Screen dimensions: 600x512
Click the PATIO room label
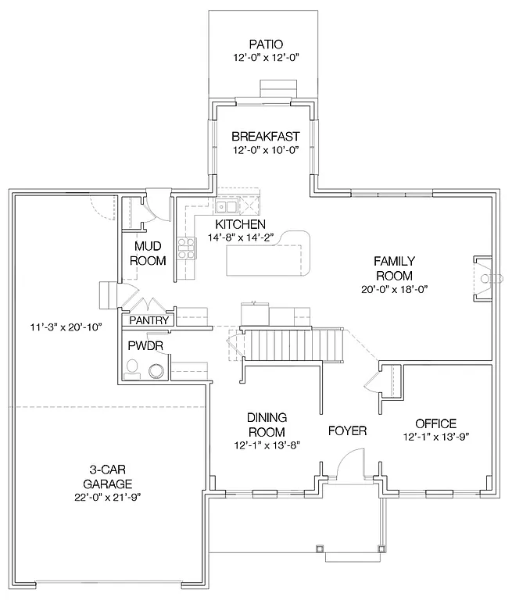[x=265, y=45]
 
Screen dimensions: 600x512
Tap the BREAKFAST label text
[x=266, y=136]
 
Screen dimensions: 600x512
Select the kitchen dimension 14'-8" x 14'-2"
[x=241, y=237]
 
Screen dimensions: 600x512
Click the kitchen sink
[x=227, y=207]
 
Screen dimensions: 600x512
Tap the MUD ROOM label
[x=148, y=254]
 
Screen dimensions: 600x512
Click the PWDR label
[x=141, y=345]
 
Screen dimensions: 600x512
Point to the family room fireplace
[x=483, y=278]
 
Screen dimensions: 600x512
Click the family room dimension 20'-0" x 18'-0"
[x=394, y=289]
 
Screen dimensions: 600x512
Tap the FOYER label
[x=347, y=430]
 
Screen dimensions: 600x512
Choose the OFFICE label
[x=435, y=423]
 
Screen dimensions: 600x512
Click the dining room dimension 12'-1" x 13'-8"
[x=267, y=444]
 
